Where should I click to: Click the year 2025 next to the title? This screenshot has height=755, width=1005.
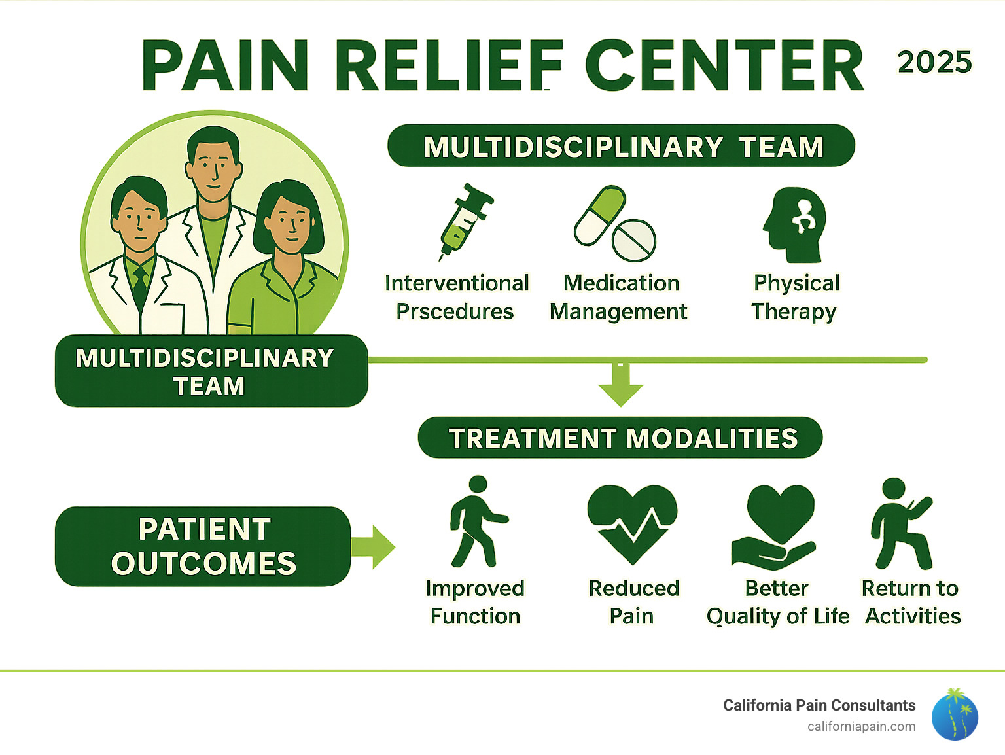[x=934, y=63]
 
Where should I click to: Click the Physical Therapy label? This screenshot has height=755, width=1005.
[x=795, y=297]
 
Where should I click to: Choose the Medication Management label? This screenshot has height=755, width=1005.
[x=619, y=297]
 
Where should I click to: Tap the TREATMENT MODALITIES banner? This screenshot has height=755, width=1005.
[x=620, y=438]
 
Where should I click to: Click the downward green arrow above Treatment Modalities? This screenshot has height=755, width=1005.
[x=620, y=386]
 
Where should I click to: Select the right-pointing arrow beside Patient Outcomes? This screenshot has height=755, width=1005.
[x=374, y=546]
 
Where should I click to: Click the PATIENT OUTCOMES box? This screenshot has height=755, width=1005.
[x=203, y=546]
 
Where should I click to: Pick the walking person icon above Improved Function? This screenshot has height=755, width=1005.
[x=476, y=522]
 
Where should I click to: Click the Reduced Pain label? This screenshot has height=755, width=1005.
[x=633, y=602]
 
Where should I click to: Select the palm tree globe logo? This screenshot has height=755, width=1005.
[x=955, y=714]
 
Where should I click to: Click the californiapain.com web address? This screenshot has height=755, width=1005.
[x=861, y=727]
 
